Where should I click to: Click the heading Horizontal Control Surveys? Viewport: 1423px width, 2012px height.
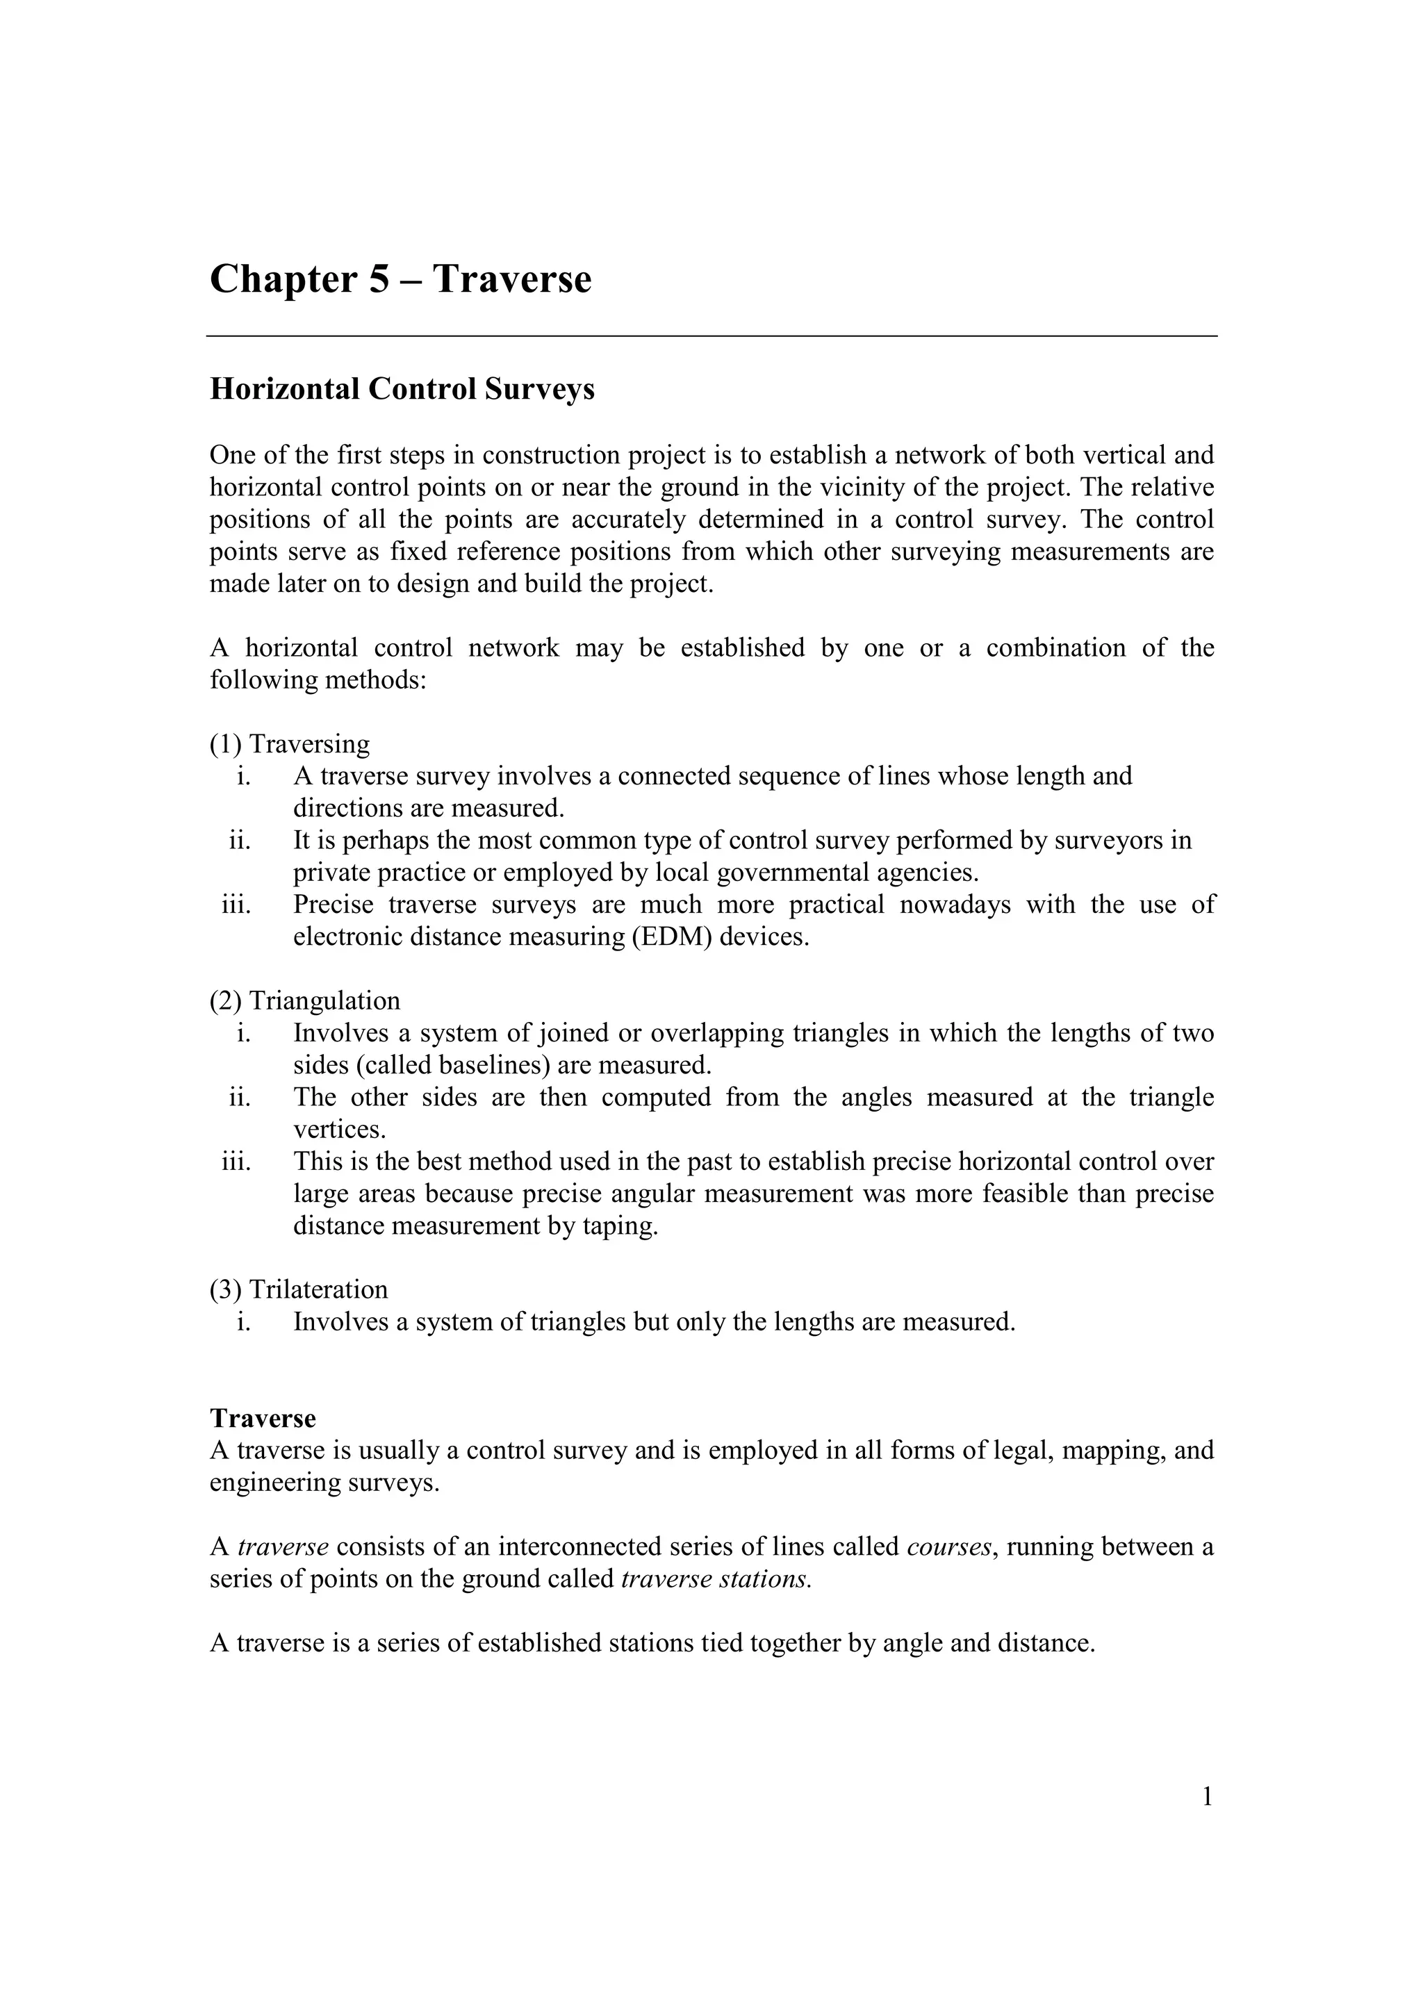(x=402, y=389)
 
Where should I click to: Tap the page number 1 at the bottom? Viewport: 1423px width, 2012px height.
(x=1207, y=1797)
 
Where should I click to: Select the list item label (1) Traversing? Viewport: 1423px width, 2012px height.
(x=289, y=744)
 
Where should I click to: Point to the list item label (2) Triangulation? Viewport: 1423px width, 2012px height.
(x=304, y=1000)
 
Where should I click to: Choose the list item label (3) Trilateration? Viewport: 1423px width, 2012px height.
(x=298, y=1289)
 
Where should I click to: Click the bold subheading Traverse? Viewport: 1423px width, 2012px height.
(x=263, y=1418)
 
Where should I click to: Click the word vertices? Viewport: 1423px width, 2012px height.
(x=338, y=1130)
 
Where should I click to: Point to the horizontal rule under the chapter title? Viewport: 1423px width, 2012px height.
(x=711, y=336)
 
